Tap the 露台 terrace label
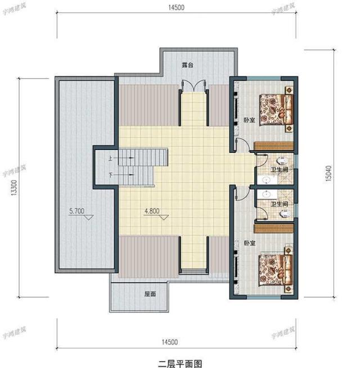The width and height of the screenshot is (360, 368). pos(187,66)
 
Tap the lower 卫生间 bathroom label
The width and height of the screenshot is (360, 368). pos(280,204)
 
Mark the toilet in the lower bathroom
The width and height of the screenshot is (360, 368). pos(285,214)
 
